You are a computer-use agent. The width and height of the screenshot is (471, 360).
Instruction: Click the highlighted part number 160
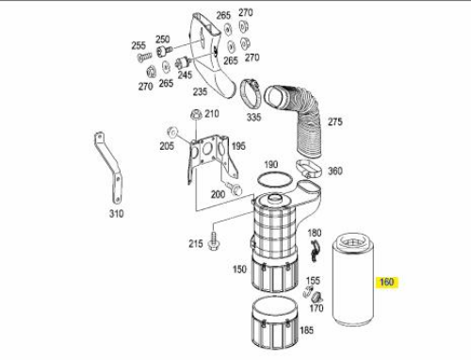point(386,282)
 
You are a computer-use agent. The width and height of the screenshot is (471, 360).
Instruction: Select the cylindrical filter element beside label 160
point(353,280)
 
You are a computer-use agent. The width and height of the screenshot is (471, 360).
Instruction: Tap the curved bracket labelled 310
point(108,168)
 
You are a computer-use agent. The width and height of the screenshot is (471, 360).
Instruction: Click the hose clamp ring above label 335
point(251,93)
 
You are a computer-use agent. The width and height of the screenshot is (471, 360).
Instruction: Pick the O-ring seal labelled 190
point(275,180)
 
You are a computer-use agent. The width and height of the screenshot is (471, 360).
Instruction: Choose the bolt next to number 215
point(214,241)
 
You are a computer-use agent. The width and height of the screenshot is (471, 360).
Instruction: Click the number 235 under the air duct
point(200,91)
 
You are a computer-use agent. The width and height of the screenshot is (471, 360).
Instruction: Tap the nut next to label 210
point(196,114)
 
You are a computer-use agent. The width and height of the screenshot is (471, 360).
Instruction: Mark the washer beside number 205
point(172,132)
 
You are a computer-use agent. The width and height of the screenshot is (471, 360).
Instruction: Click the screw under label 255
point(144,57)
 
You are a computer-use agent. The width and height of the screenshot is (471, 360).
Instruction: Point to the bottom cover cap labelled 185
point(275,322)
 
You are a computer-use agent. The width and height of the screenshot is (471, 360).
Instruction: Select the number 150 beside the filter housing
point(239,270)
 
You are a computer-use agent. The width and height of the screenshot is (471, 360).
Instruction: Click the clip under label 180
point(315,250)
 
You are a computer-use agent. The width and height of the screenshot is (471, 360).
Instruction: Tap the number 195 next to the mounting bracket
point(238,146)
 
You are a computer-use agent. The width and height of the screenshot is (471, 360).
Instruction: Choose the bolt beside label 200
point(235,188)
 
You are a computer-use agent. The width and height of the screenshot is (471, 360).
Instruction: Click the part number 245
point(185,74)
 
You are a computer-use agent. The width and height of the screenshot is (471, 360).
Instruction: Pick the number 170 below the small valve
point(316,308)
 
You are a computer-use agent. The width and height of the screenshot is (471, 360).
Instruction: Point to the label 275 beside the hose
point(335,122)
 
